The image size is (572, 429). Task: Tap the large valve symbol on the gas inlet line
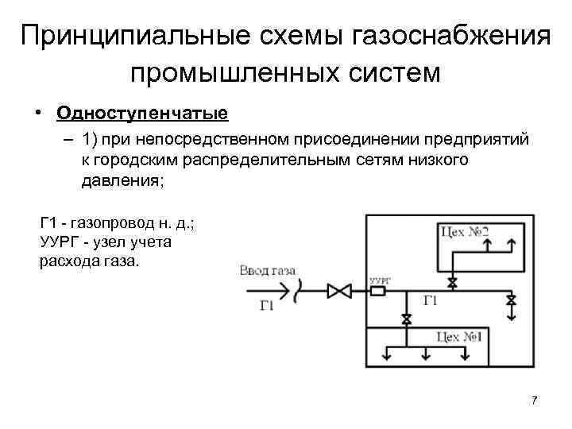(x=341, y=292)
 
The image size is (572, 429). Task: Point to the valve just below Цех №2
(x=452, y=282)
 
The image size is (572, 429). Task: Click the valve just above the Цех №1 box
(x=407, y=319)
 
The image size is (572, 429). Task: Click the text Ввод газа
(x=268, y=272)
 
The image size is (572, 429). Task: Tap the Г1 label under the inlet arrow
(x=268, y=305)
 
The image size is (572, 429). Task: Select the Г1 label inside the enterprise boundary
(x=430, y=300)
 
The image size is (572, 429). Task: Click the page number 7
(x=534, y=400)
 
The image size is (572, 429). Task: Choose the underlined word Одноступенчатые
(x=142, y=113)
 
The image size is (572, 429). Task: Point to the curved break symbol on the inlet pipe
(x=295, y=292)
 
